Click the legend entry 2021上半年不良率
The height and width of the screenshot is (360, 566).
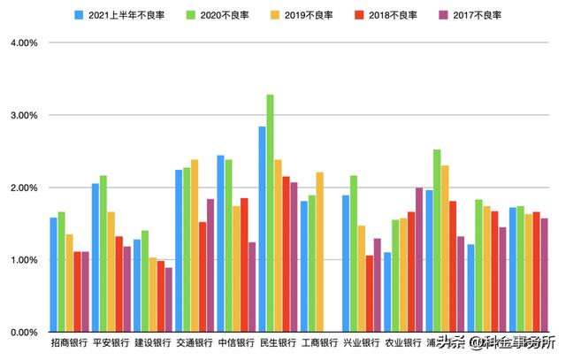pyautogui.click(x=124, y=15)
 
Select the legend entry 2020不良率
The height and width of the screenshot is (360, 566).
pyautogui.click(x=225, y=15)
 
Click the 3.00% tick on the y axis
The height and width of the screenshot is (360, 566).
pyautogui.click(x=21, y=115)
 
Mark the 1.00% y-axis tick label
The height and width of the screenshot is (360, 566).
pyautogui.click(x=21, y=260)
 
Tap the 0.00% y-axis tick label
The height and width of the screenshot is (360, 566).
pyautogui.click(x=21, y=333)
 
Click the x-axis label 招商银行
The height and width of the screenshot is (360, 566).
pyautogui.click(x=69, y=343)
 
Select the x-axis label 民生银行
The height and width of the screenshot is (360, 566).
pyautogui.click(x=278, y=343)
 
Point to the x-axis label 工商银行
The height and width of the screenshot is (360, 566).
pyautogui.click(x=320, y=343)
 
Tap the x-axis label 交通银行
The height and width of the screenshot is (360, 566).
pyautogui.click(x=195, y=343)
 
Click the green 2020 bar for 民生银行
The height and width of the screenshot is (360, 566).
pyautogui.click(x=270, y=213)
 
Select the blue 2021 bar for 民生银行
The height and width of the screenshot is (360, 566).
pyautogui.click(x=262, y=229)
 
